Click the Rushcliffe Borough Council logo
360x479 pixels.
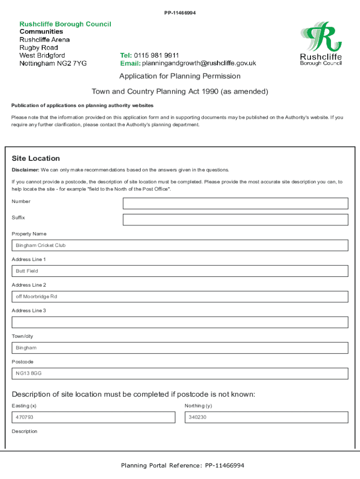pos(321,44)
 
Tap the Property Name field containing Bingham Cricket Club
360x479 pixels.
pos(180,246)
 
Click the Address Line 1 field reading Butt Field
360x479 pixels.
pos(180,271)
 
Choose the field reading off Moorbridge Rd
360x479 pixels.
pos(180,297)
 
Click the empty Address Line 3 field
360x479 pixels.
pos(180,322)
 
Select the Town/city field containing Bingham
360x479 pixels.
pos(180,348)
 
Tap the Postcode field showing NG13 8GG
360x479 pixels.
pos(180,373)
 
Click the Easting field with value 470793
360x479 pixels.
pos(94,417)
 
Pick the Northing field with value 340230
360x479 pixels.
pos(266,417)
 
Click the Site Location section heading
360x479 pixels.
pos(36,159)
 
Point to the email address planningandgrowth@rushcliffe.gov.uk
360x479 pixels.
pos(199,64)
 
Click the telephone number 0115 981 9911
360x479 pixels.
pos(157,55)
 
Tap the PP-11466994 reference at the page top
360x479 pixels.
pos(180,13)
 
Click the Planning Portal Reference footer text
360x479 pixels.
pos(182,465)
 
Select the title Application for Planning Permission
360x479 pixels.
pos(180,76)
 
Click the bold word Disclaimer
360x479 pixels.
pos(25,170)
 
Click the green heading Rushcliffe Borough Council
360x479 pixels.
pos(65,24)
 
